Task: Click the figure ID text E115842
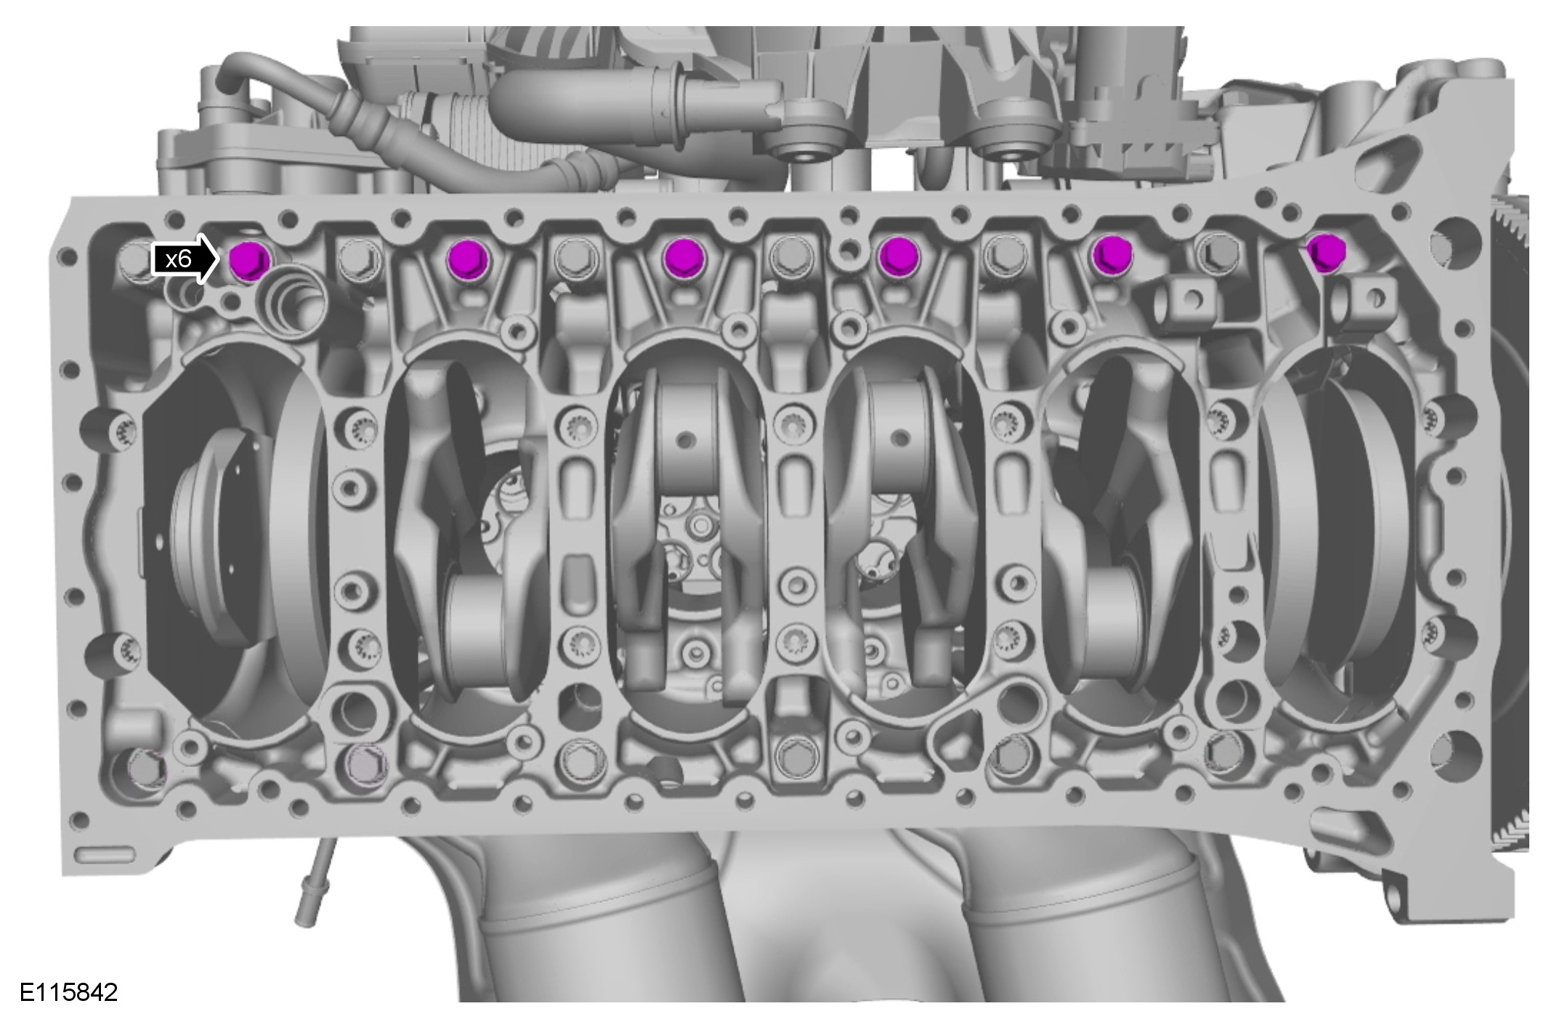pyautogui.click(x=68, y=992)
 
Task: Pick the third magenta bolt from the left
pyautogui.click(x=683, y=257)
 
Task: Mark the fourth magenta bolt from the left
pyautogui.click(x=899, y=256)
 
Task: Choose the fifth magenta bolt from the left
pyautogui.click(x=1112, y=255)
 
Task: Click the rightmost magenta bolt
pyautogui.click(x=1326, y=253)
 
